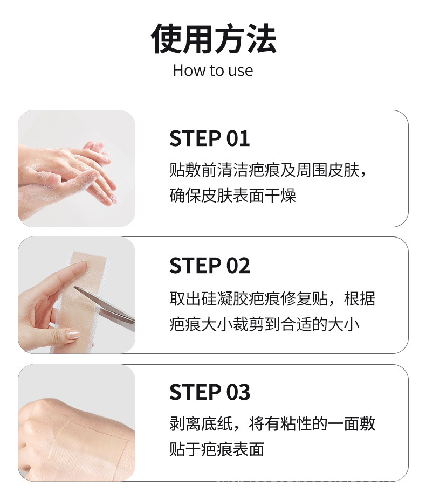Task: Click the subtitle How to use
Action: coord(212,71)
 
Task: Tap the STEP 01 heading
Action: coord(210,138)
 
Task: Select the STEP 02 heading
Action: coord(210,266)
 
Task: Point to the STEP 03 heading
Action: coord(210,392)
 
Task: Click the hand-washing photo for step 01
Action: coord(76,168)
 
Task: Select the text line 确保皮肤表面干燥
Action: coord(232,196)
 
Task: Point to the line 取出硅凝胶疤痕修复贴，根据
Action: coord(272,298)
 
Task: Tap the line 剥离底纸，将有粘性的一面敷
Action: coord(272,424)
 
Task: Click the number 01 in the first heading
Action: coord(238,138)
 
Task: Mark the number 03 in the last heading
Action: coord(238,392)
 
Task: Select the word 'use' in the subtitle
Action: coord(240,71)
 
